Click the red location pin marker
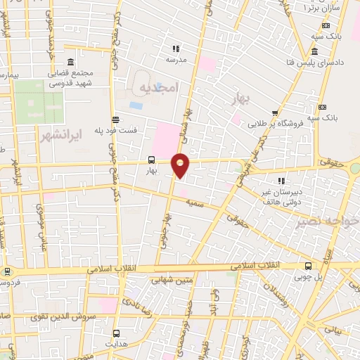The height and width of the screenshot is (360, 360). click(x=181, y=165)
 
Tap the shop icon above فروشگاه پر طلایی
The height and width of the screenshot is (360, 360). click(x=276, y=112)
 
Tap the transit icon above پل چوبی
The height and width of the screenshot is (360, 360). click(x=309, y=266)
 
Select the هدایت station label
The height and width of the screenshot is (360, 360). click(x=116, y=345)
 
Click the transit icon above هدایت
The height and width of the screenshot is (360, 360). click(x=116, y=333)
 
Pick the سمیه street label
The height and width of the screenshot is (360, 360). click(x=195, y=202)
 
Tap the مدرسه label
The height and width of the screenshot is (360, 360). click(x=176, y=60)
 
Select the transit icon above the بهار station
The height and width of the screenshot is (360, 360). click(x=150, y=160)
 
